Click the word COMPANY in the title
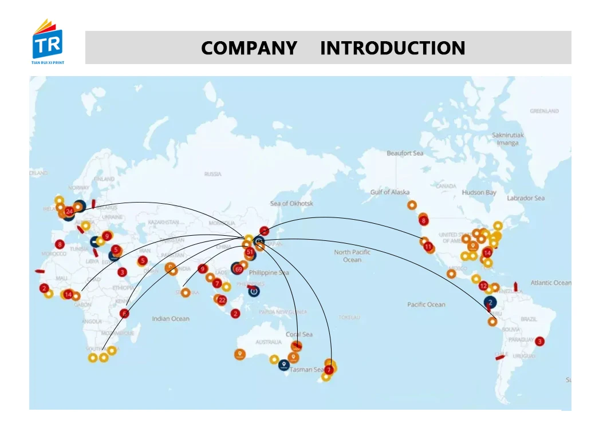click(249, 48)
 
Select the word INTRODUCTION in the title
click(392, 48)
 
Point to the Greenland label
click(544, 111)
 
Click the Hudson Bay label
click(479, 193)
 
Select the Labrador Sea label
click(526, 198)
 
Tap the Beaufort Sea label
click(405, 153)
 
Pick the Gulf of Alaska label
click(390, 192)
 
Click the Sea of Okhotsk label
click(291, 204)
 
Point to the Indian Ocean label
click(170, 319)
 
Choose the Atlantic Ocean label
click(550, 283)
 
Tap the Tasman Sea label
click(306, 370)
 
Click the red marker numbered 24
click(69, 211)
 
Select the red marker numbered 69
click(239, 269)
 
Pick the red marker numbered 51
click(250, 252)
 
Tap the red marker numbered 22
click(222, 300)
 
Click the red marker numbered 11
click(428, 247)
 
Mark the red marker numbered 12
click(483, 286)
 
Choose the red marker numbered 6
click(125, 314)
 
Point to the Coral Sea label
click(299, 334)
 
